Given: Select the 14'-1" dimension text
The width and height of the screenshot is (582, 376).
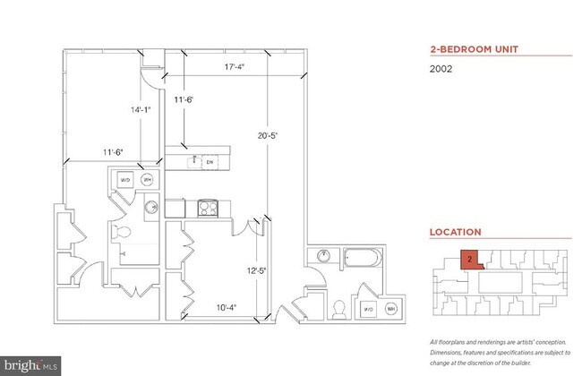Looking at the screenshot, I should pos(141,110).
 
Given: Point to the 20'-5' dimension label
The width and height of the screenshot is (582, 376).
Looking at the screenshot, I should pos(269,136).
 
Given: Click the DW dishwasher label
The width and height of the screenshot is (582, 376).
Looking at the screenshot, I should pos(209,161).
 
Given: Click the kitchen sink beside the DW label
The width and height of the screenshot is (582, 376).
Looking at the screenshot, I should pos(192,161).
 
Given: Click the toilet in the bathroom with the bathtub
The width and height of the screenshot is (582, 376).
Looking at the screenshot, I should pos(339,308).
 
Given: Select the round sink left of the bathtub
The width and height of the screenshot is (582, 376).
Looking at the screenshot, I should pos(321,258).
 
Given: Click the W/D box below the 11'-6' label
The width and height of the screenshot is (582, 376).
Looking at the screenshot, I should pos(124,180).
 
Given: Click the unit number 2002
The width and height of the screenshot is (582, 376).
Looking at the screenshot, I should pos(441,69).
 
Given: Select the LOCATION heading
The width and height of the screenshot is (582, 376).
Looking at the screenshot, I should pos(455,232).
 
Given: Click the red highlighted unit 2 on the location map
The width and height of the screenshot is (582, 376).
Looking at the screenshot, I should pos(469,261).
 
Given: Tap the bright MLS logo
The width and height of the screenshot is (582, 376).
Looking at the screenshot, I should pos(30,365).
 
